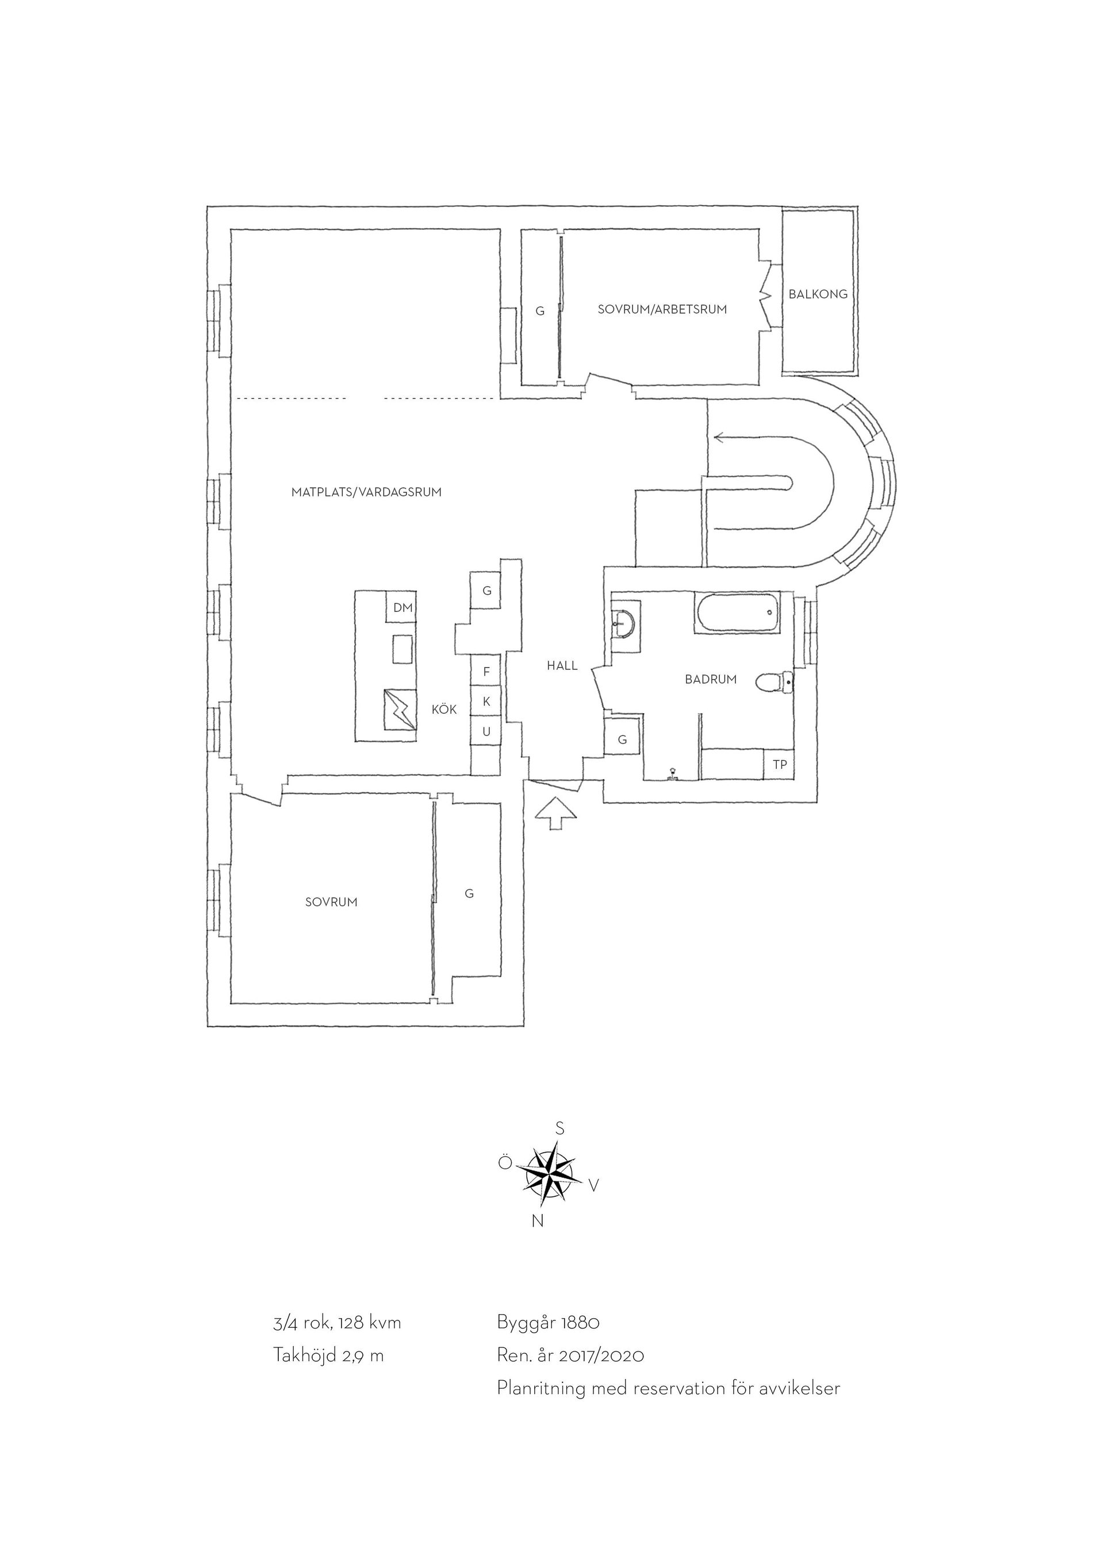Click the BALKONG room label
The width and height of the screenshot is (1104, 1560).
coord(818,294)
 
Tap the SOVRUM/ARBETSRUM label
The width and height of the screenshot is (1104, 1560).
coord(662,309)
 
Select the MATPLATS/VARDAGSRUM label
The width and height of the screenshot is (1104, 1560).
coord(366,492)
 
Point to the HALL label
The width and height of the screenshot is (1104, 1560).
coord(562,666)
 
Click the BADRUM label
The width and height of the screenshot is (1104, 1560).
coord(710,679)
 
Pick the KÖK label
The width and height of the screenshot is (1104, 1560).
coord(444,710)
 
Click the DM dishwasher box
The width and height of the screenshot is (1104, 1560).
coord(402,607)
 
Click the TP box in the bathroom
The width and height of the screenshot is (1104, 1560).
coord(780,764)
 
